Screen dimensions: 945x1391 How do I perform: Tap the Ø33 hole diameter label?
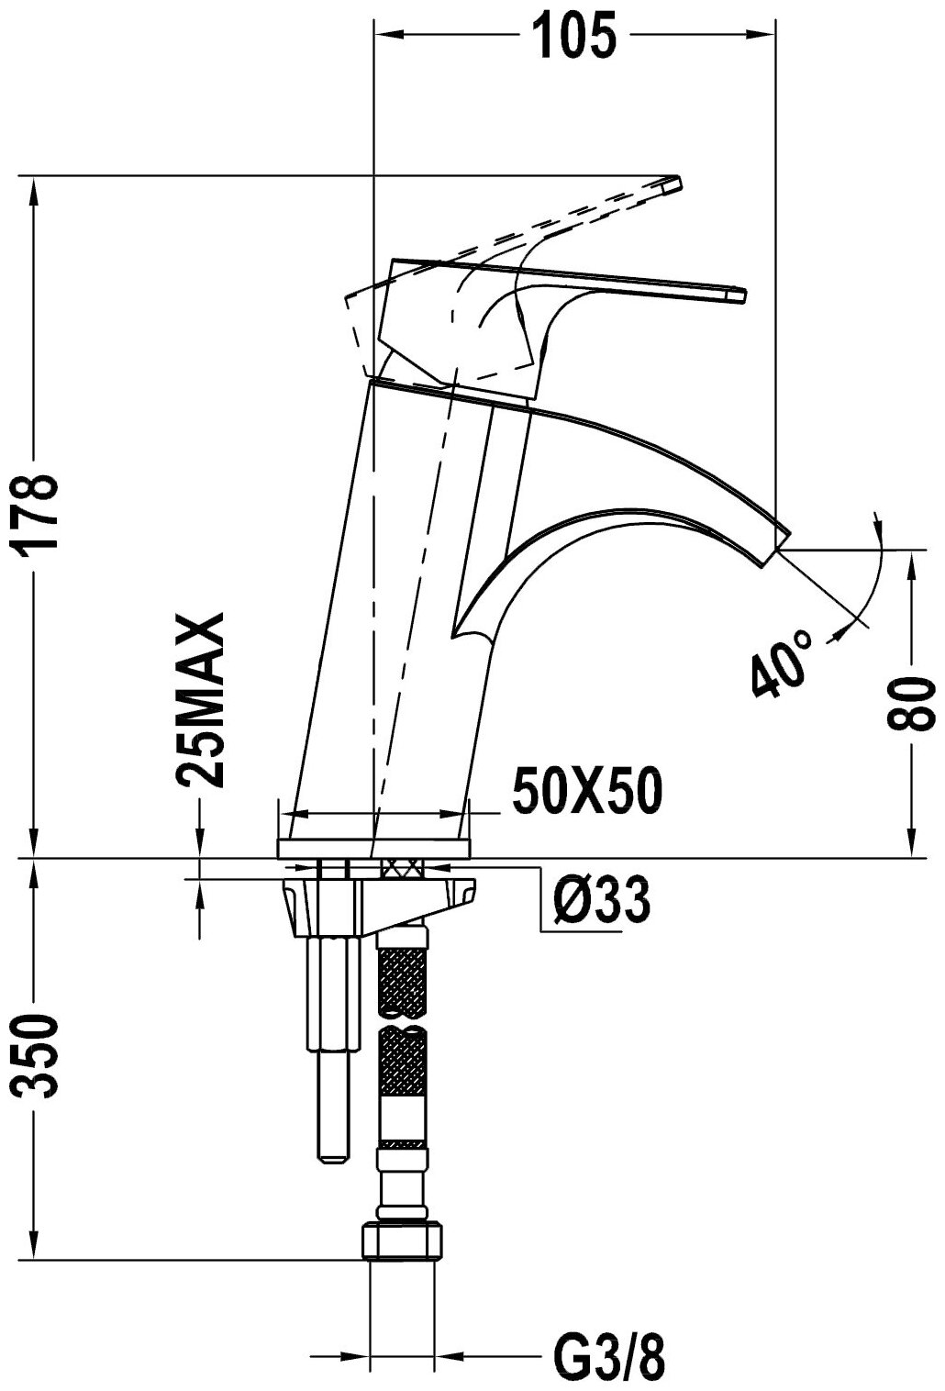601,901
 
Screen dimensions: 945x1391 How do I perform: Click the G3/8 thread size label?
610,1357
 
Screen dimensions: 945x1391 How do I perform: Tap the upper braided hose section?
403,982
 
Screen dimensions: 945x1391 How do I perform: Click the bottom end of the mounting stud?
332,1159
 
